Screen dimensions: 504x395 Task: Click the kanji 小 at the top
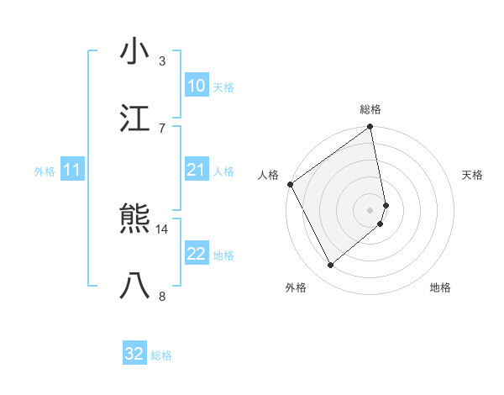[134, 52]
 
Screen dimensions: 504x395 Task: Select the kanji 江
[134, 118]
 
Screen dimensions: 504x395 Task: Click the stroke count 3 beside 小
[161, 61]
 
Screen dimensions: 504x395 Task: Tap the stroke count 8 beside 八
[161, 295]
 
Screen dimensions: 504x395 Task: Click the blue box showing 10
[196, 86]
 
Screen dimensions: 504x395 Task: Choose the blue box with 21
[196, 171]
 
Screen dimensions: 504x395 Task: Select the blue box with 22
[196, 255]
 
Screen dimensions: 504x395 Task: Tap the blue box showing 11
[71, 171]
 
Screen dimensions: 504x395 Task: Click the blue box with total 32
[134, 354]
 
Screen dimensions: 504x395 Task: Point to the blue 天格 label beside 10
[223, 87]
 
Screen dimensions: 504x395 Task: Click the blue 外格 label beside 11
[45, 171]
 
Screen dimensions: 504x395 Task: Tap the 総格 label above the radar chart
[370, 109]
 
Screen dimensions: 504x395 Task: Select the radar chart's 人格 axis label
[269, 175]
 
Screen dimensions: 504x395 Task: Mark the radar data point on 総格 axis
[370, 128]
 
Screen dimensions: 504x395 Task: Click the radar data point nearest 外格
[331, 265]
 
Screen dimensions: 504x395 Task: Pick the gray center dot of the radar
[370, 209]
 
